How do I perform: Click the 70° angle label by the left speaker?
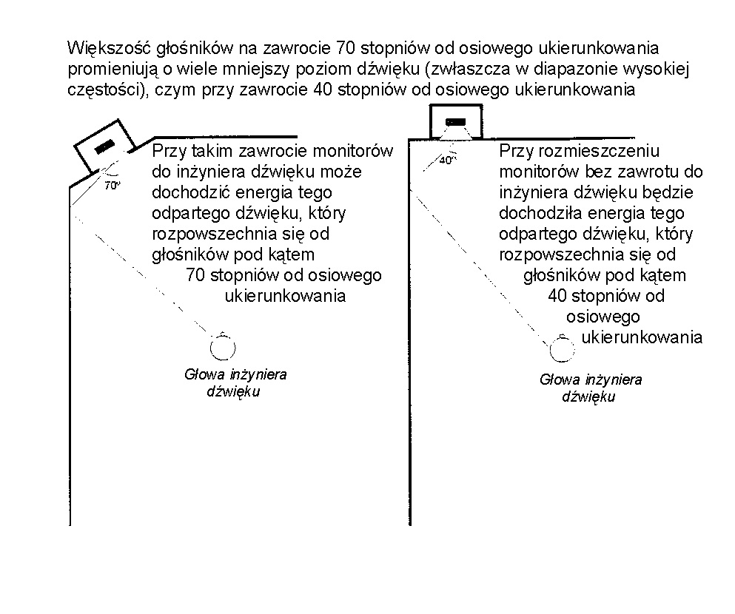(x=112, y=186)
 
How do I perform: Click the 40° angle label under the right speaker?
(x=446, y=159)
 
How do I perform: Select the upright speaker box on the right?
(x=455, y=122)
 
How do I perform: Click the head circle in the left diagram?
(x=222, y=346)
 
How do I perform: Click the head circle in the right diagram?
(x=563, y=348)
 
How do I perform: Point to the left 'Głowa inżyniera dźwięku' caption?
(x=235, y=382)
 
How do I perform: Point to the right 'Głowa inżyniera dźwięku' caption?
(x=590, y=388)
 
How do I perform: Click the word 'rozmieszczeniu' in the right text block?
(x=599, y=151)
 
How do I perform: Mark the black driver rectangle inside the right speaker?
(x=455, y=121)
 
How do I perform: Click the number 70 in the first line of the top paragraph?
(x=346, y=49)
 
